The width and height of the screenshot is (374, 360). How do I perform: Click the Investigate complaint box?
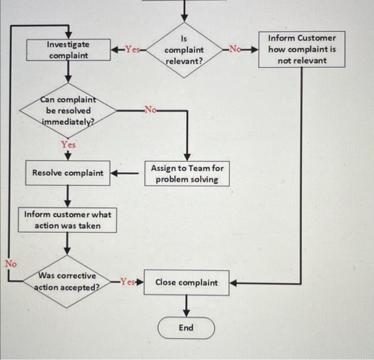[x=68, y=50]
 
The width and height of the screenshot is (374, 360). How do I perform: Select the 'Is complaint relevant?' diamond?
[x=184, y=50]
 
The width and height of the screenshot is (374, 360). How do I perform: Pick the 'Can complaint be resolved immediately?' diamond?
[x=68, y=111]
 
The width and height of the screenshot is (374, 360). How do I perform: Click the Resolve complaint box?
[x=68, y=173]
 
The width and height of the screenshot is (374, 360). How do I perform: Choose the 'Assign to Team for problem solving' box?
[x=187, y=174]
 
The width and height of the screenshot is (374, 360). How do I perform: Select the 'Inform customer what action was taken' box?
[x=67, y=220]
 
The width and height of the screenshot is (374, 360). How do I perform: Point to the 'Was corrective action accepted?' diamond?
[x=67, y=282]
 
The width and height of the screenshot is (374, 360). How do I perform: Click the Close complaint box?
[x=186, y=282]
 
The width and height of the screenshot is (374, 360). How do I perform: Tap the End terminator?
[x=186, y=328]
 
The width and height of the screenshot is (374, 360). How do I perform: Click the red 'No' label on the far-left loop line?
[x=11, y=263]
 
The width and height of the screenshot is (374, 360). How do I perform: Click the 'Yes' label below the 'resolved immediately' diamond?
[x=68, y=144]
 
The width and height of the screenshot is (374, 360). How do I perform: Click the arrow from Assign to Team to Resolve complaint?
[x=127, y=174]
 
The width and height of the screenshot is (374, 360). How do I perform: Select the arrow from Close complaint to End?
[x=186, y=304]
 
